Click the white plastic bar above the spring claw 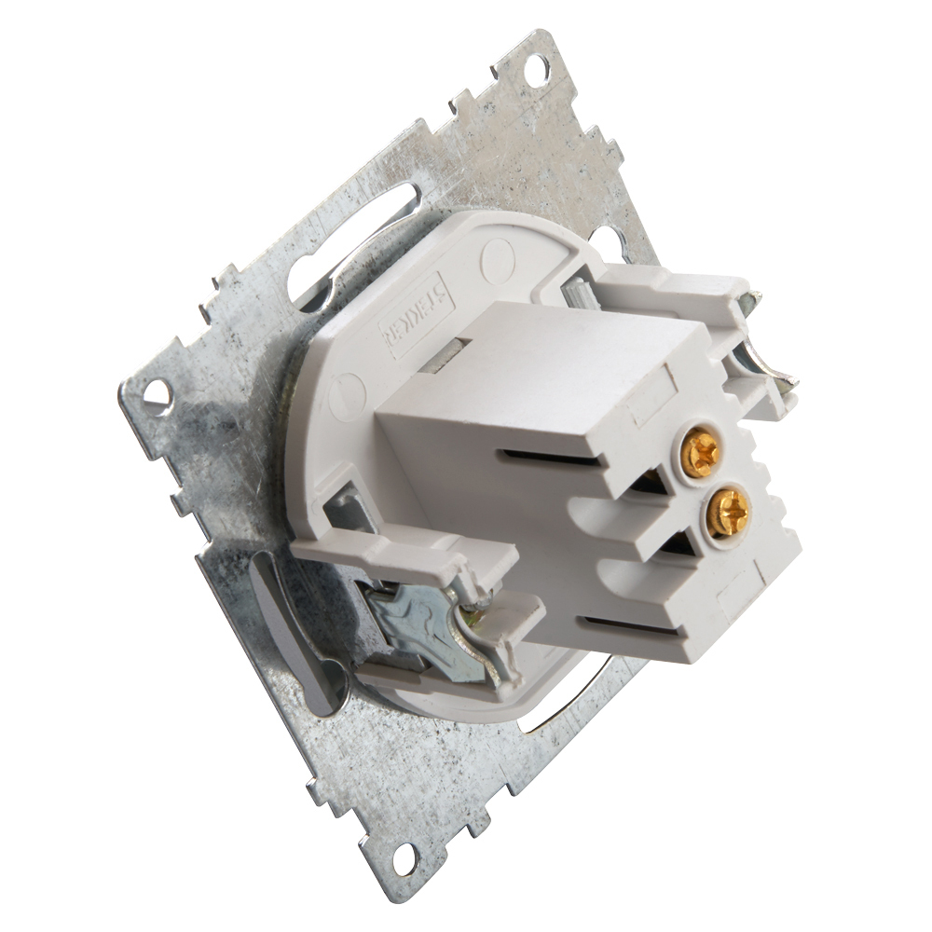click(401, 550)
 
